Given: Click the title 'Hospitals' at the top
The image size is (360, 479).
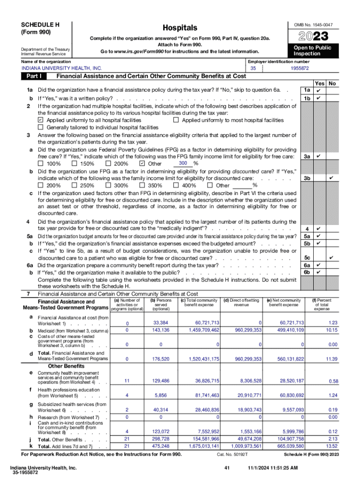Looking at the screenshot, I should [x=180, y=28].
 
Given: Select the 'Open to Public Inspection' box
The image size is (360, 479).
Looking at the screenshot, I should [x=312, y=51].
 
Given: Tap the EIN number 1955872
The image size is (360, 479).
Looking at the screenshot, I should [x=300, y=68].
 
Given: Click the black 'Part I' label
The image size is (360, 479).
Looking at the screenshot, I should [x=35, y=76].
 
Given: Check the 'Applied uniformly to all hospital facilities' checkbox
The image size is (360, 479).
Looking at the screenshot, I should [x=40, y=120].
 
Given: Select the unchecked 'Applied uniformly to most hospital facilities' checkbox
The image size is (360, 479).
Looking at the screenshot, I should [x=176, y=120].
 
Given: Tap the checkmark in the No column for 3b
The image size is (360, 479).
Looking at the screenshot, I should [x=331, y=178].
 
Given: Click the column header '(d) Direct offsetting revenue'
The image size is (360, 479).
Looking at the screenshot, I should [x=242, y=302].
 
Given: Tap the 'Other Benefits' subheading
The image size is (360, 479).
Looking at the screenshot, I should [x=66, y=366].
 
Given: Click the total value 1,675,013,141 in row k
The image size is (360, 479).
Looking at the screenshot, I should [x=202, y=446].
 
